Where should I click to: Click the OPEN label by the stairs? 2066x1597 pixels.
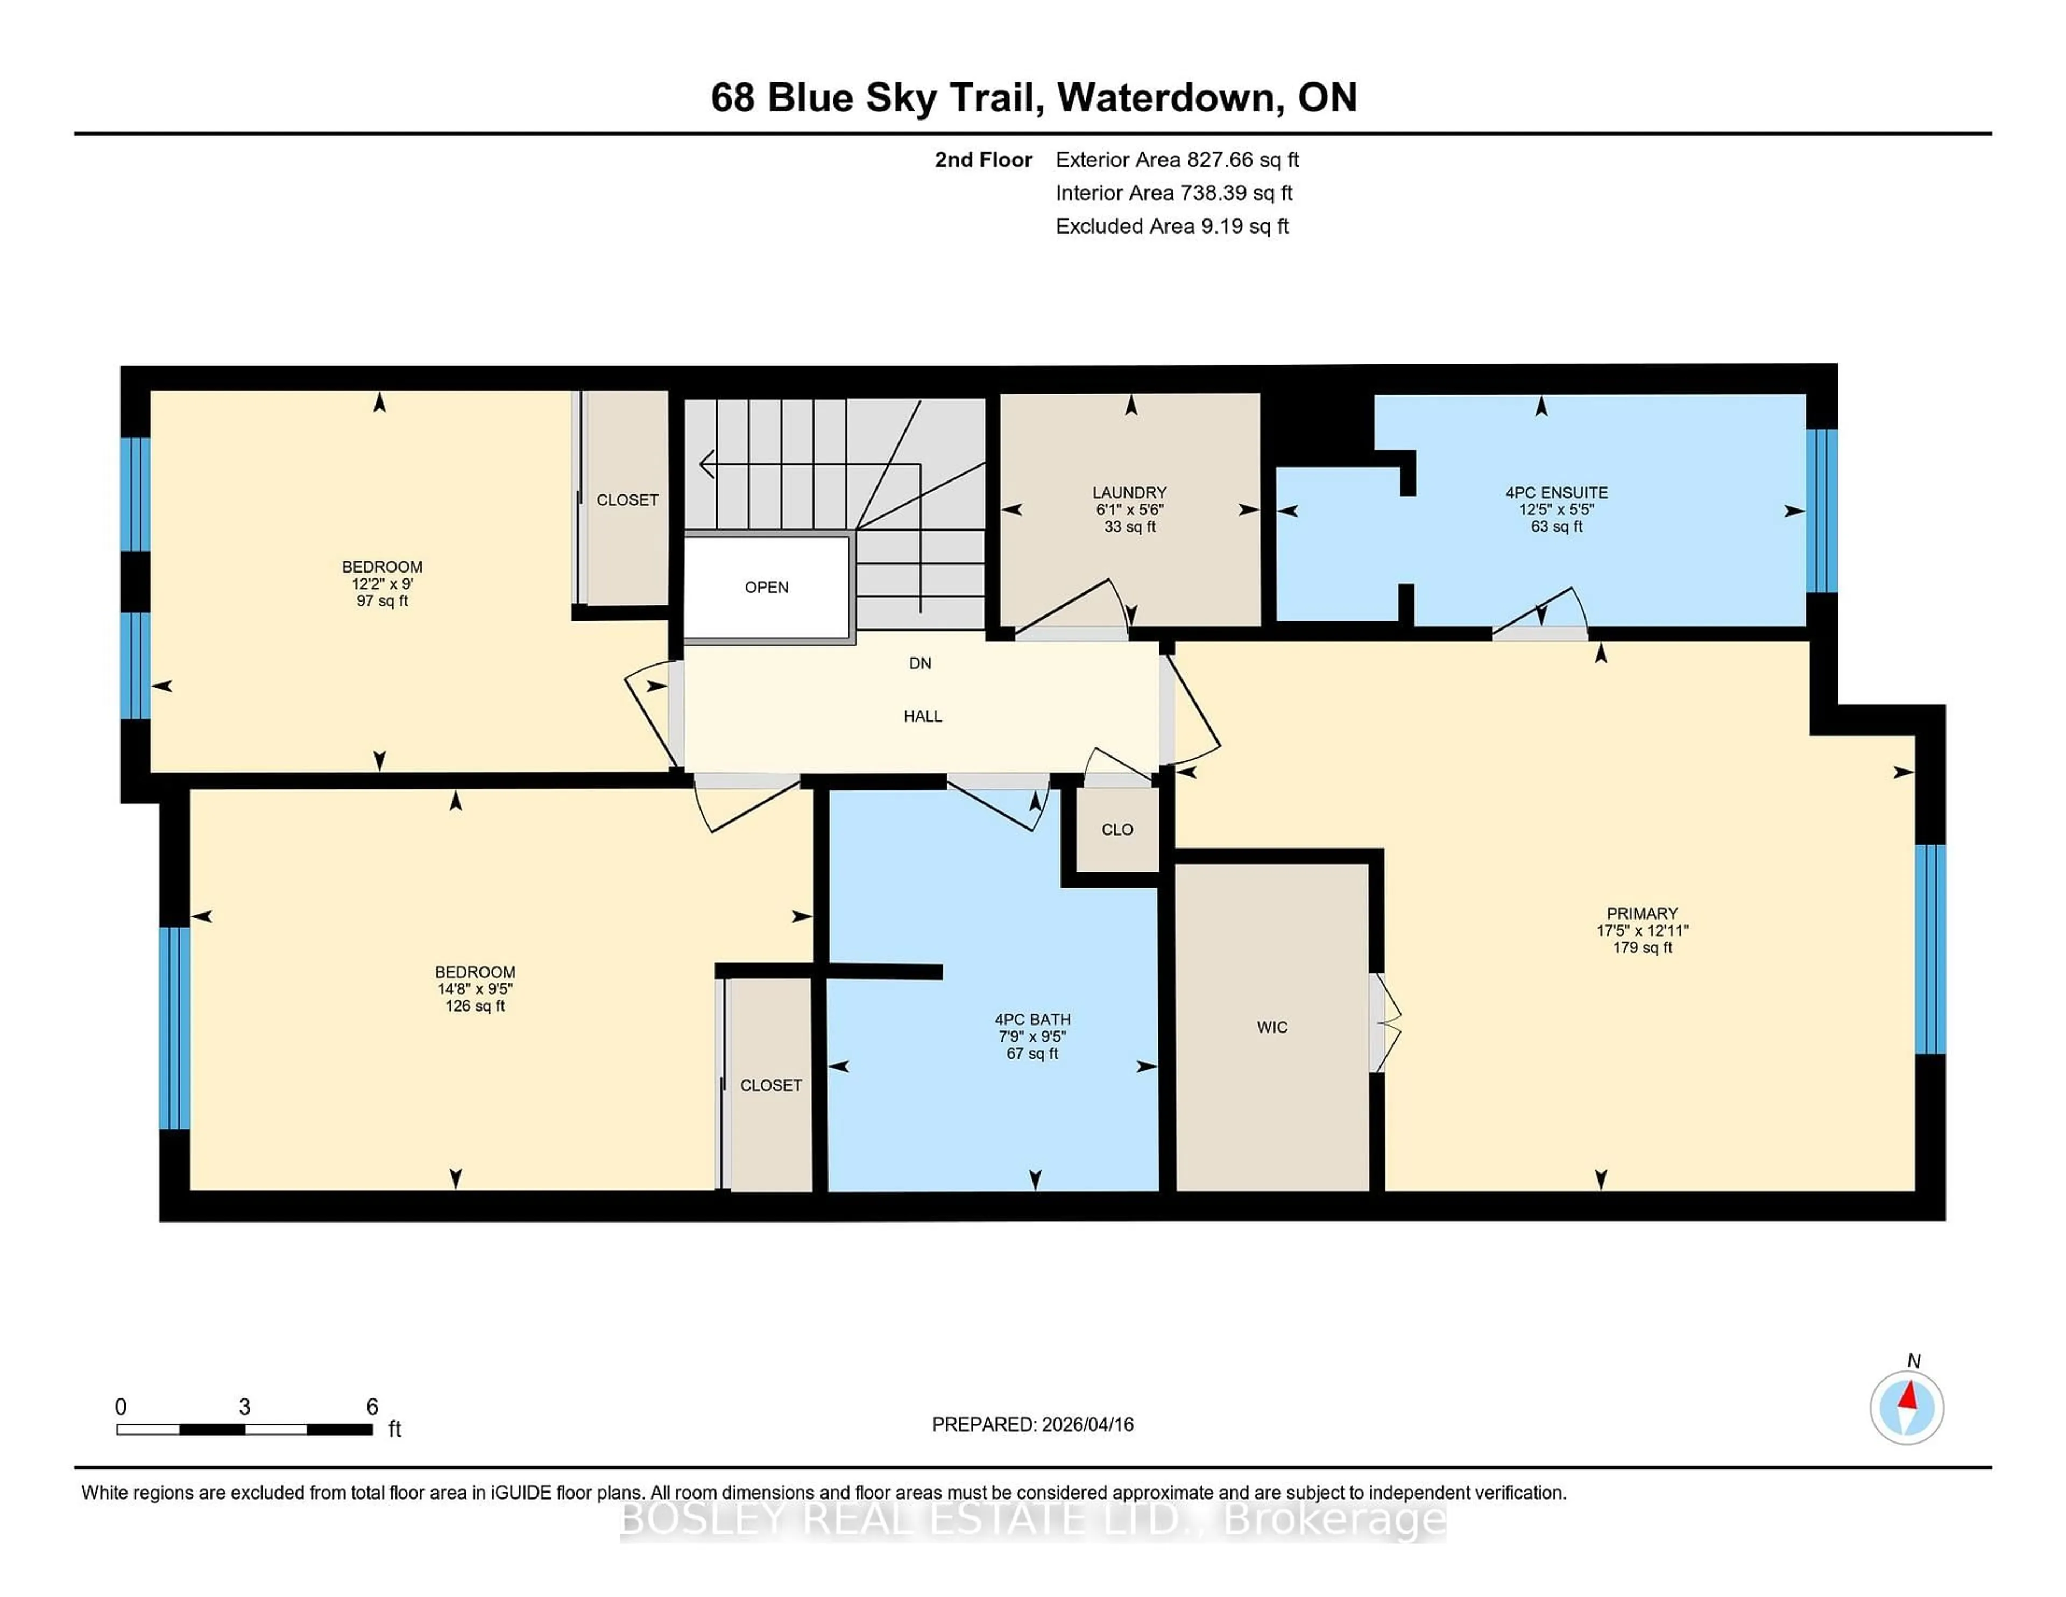pyautogui.click(x=766, y=588)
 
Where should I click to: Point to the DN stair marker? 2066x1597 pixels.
pyautogui.click(x=919, y=663)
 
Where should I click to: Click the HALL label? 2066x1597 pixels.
pyautogui.click(x=922, y=716)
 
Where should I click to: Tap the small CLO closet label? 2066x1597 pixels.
pyautogui.click(x=1116, y=830)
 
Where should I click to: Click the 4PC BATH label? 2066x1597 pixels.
pyautogui.click(x=1032, y=1020)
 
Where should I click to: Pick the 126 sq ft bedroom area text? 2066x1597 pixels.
pyautogui.click(x=475, y=1006)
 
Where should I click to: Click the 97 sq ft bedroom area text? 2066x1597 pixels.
pyautogui.click(x=382, y=601)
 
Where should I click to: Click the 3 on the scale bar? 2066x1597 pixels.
pyautogui.click(x=244, y=1407)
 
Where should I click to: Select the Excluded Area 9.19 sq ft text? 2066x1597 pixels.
pyautogui.click(x=1172, y=226)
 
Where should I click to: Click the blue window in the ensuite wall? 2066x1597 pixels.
pyautogui.click(x=1821, y=511)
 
